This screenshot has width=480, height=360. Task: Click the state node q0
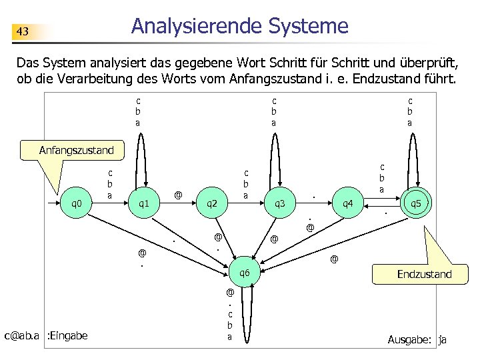[x=77, y=203]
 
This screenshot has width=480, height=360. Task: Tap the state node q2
[x=211, y=203]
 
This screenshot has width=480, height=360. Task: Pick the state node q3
[x=279, y=203]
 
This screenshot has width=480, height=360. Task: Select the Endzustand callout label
[x=424, y=274]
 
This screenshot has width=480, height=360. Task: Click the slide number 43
[x=23, y=31]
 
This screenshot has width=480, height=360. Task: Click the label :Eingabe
[x=67, y=335]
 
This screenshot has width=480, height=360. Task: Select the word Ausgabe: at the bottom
[x=410, y=340]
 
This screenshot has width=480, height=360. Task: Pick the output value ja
[x=443, y=340]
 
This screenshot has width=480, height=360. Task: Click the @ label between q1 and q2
[x=178, y=195]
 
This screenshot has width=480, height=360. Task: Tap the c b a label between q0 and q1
[x=110, y=183]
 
